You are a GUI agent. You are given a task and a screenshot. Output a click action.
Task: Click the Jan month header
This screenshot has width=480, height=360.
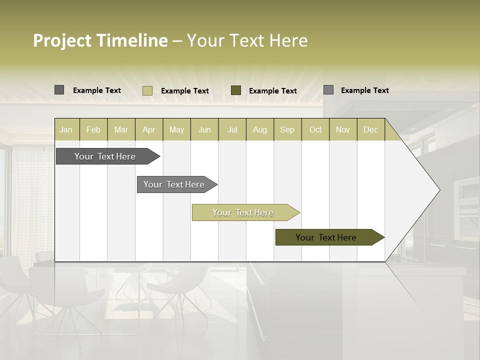coord(66,129)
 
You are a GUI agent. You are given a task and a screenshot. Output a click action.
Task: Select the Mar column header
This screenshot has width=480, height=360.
coord(121,129)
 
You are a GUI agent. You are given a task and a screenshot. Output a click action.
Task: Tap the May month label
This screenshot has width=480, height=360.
coord(176,129)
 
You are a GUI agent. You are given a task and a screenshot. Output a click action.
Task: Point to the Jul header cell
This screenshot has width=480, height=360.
coord(232,129)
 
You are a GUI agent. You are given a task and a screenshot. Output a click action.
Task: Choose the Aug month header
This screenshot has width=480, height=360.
coord(259,129)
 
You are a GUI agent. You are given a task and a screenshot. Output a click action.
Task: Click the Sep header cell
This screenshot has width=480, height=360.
coord(287,129)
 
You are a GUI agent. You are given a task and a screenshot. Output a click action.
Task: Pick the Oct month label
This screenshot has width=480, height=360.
coord(315,129)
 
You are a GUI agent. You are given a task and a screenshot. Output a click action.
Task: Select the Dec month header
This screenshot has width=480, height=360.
coord(370,129)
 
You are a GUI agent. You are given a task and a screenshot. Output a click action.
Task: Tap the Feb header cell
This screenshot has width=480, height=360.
coord(93,129)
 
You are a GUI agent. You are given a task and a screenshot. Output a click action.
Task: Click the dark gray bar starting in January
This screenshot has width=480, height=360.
coord(105,156)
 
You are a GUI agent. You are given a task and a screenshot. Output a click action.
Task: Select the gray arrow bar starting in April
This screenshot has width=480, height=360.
coord(174,184)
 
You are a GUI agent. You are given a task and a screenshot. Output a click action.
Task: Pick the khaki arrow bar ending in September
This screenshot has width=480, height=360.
coord(243,212)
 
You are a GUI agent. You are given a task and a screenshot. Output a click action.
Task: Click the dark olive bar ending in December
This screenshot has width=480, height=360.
coord(326,237)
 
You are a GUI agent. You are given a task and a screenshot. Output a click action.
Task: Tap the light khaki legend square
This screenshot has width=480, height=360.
coord(147,90)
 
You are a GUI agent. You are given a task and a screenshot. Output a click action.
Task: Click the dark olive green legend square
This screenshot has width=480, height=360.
coord(236,90)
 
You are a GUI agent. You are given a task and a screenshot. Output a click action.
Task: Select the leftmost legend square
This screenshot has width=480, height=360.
coord(59,90)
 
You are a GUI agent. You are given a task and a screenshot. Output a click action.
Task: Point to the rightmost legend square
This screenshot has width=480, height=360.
coord(328,90)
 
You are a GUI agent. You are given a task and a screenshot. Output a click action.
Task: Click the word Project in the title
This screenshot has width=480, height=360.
coord(62,40)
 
